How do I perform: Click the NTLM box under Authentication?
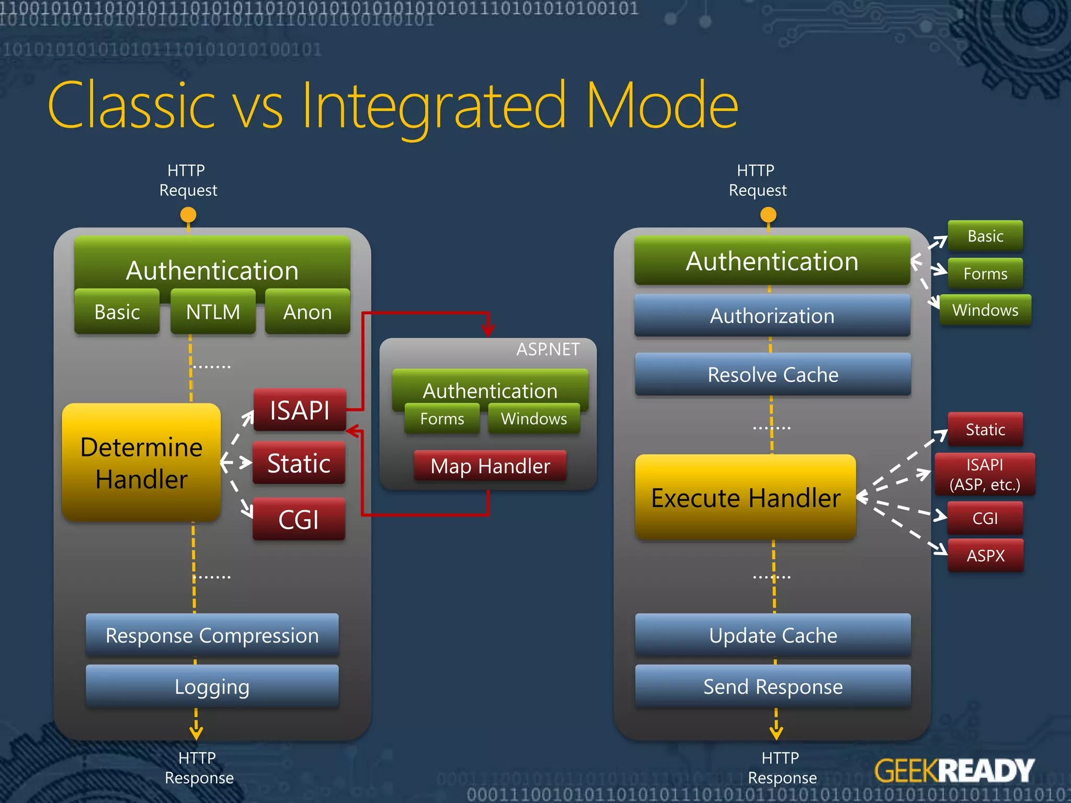click(213, 312)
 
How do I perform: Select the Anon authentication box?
click(307, 312)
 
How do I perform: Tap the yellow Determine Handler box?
click(141, 463)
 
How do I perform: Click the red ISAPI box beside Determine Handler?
click(300, 410)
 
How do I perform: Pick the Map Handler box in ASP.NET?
click(490, 466)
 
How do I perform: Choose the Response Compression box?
click(212, 635)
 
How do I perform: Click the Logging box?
click(212, 686)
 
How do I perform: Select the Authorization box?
click(772, 316)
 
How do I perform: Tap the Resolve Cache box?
click(773, 374)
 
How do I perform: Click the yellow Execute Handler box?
click(746, 497)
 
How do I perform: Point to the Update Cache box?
click(773, 635)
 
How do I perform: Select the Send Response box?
click(773, 686)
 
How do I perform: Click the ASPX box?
click(986, 555)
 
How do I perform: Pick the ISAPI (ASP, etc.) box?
click(985, 474)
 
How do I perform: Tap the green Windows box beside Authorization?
click(985, 310)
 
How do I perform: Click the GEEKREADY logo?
click(954, 771)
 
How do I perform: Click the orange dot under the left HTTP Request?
click(188, 214)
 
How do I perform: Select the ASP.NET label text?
click(548, 349)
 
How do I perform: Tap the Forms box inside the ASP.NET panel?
click(442, 419)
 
